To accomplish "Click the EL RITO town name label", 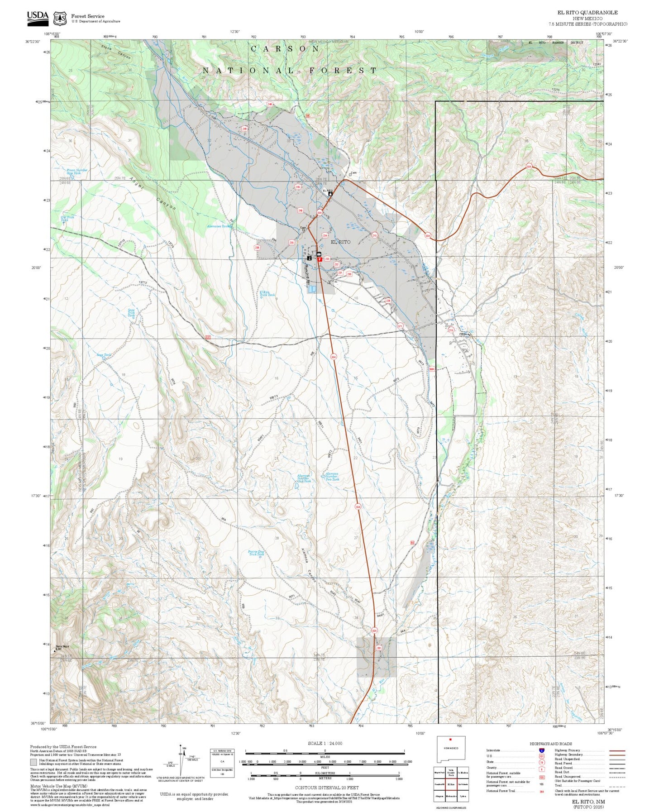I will click(340, 242).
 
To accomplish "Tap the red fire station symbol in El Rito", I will click(320, 259).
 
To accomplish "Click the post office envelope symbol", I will click(319, 254).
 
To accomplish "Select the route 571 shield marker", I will click(400, 326).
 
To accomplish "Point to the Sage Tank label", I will click(104, 355).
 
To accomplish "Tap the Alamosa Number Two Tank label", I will click(332, 477).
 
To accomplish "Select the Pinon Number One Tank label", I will click(77, 172).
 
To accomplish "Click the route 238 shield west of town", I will click(257, 248).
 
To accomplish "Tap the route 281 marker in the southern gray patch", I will click(379, 649).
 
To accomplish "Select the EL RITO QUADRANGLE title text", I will click(587, 13).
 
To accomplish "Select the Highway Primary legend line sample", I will click(617, 750).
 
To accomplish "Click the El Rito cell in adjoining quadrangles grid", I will click(450, 784).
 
